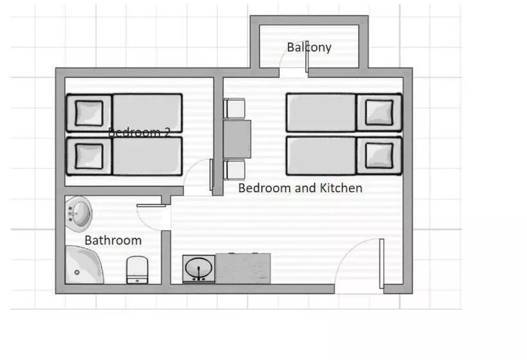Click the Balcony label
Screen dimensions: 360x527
click(x=309, y=47)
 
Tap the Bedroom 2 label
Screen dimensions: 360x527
click(x=139, y=132)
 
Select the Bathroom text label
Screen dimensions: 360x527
click(x=113, y=240)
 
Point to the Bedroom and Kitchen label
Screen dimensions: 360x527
click(x=300, y=188)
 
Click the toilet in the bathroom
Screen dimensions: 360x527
click(x=137, y=269)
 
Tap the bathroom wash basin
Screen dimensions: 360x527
click(x=80, y=212)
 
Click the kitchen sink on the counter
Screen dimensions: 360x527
click(x=199, y=268)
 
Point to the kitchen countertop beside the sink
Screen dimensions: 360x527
click(x=243, y=268)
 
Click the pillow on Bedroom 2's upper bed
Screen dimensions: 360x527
click(x=89, y=113)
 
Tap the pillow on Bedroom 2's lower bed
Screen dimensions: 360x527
click(x=89, y=156)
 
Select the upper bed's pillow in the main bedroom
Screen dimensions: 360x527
click(x=379, y=113)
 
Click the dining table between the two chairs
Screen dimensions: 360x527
click(x=237, y=138)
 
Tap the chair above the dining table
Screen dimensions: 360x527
click(x=235, y=108)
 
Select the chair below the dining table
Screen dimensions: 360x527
click(x=235, y=170)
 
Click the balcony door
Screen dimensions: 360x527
click(x=307, y=59)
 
